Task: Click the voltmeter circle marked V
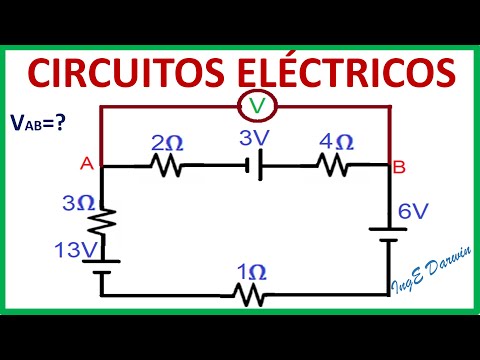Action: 257,106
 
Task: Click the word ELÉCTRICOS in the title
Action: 343,72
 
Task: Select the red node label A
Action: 87,167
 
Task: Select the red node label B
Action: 399,167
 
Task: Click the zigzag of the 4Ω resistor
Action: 333,166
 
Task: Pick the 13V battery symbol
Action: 103,266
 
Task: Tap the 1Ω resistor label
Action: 250,272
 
